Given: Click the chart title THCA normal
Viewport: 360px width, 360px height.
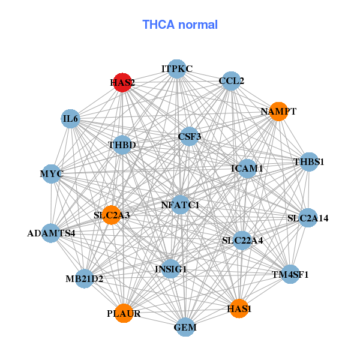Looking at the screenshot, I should [x=180, y=25].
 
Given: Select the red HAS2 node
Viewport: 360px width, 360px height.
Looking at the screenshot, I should [x=122, y=83].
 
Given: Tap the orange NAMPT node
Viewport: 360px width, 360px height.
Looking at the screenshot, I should [x=278, y=112].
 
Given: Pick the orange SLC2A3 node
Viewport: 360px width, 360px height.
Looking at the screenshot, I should [x=112, y=215].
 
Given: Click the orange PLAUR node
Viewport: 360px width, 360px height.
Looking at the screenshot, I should [x=124, y=313].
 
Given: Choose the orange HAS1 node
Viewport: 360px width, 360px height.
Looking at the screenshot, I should [x=239, y=308].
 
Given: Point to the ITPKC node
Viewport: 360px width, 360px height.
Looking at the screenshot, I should [x=176, y=69].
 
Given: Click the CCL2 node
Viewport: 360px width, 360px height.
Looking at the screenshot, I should [x=231, y=81].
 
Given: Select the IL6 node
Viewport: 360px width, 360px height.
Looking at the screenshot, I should [x=70, y=119].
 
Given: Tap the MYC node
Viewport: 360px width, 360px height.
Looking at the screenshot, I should [x=52, y=174].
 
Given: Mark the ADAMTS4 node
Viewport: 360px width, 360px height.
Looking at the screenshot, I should [x=52, y=232].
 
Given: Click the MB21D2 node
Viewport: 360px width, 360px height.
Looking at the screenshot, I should [x=85, y=278].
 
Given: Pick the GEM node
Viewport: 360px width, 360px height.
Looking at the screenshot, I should [x=185, y=328].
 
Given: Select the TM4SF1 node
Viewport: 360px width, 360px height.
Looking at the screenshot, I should [x=290, y=275].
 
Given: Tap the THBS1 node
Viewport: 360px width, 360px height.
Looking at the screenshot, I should [x=308, y=162].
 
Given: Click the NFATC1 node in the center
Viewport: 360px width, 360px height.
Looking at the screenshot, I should [x=180, y=205].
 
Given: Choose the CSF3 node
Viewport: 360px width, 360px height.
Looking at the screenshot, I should [x=190, y=137].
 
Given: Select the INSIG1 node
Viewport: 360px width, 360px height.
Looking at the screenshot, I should [x=171, y=269].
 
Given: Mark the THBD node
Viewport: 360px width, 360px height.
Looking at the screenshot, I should [x=122, y=145].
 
